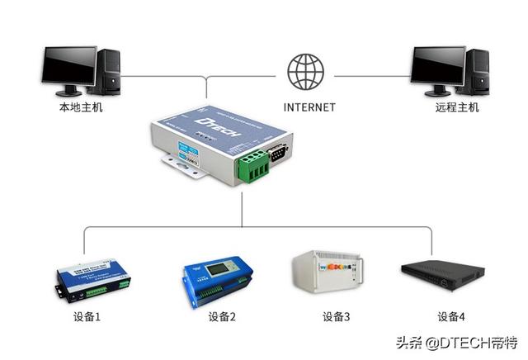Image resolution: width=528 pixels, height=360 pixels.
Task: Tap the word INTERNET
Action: coord(309,107)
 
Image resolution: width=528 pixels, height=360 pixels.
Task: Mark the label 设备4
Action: coord(451,317)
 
